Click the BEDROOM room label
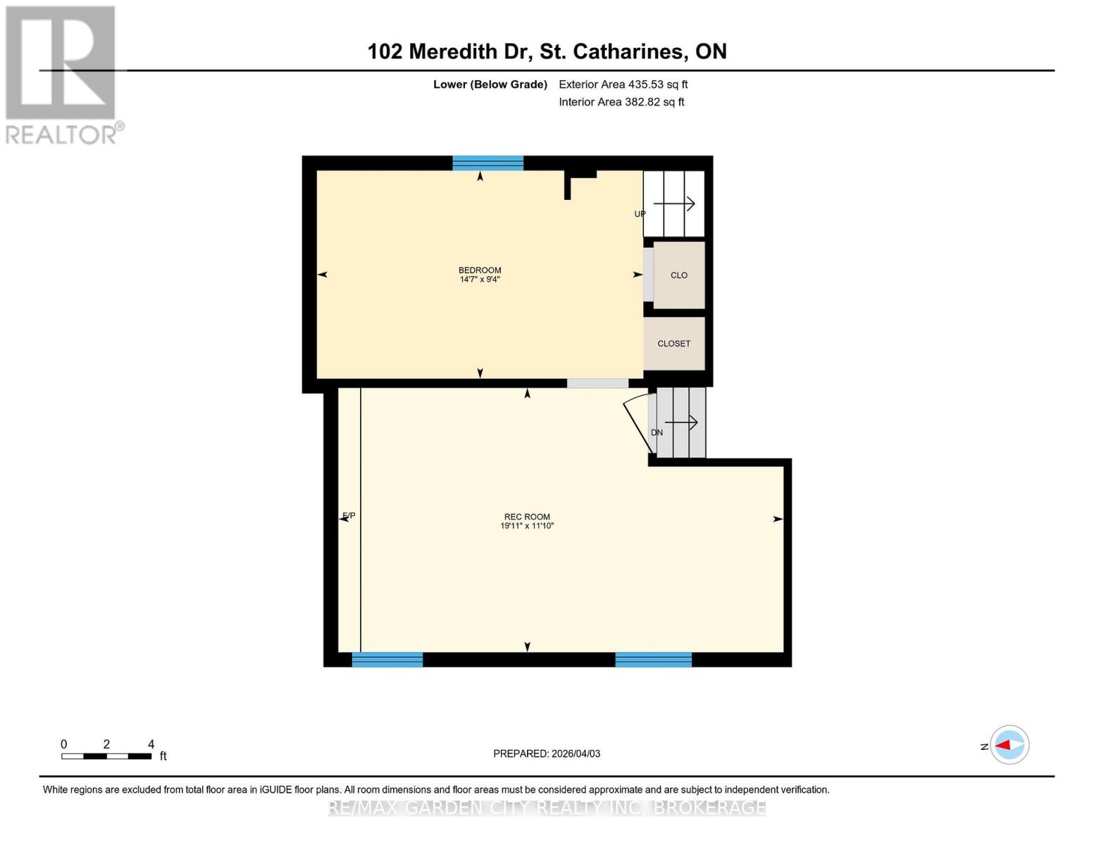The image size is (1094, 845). click(480, 270)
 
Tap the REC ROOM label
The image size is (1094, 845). click(527, 517)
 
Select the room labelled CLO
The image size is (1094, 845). click(679, 275)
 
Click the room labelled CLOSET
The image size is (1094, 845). click(674, 344)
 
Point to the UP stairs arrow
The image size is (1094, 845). click(674, 204)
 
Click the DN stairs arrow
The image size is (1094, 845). click(680, 423)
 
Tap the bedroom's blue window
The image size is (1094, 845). click(487, 163)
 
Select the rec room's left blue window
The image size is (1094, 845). click(387, 660)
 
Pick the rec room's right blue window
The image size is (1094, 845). click(653, 660)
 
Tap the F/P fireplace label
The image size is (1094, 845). click(349, 516)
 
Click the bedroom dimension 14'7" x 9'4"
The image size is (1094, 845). click(480, 280)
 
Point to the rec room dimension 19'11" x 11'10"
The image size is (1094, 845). click(527, 526)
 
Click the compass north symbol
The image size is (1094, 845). click(1009, 745)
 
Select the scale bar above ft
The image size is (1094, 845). click(106, 756)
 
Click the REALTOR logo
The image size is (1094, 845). click(62, 74)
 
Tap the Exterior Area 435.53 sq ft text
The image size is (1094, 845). click(623, 84)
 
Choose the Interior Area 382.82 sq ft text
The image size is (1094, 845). click(621, 102)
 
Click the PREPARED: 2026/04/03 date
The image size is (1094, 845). click(547, 753)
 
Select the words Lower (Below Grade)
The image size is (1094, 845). click(490, 84)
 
